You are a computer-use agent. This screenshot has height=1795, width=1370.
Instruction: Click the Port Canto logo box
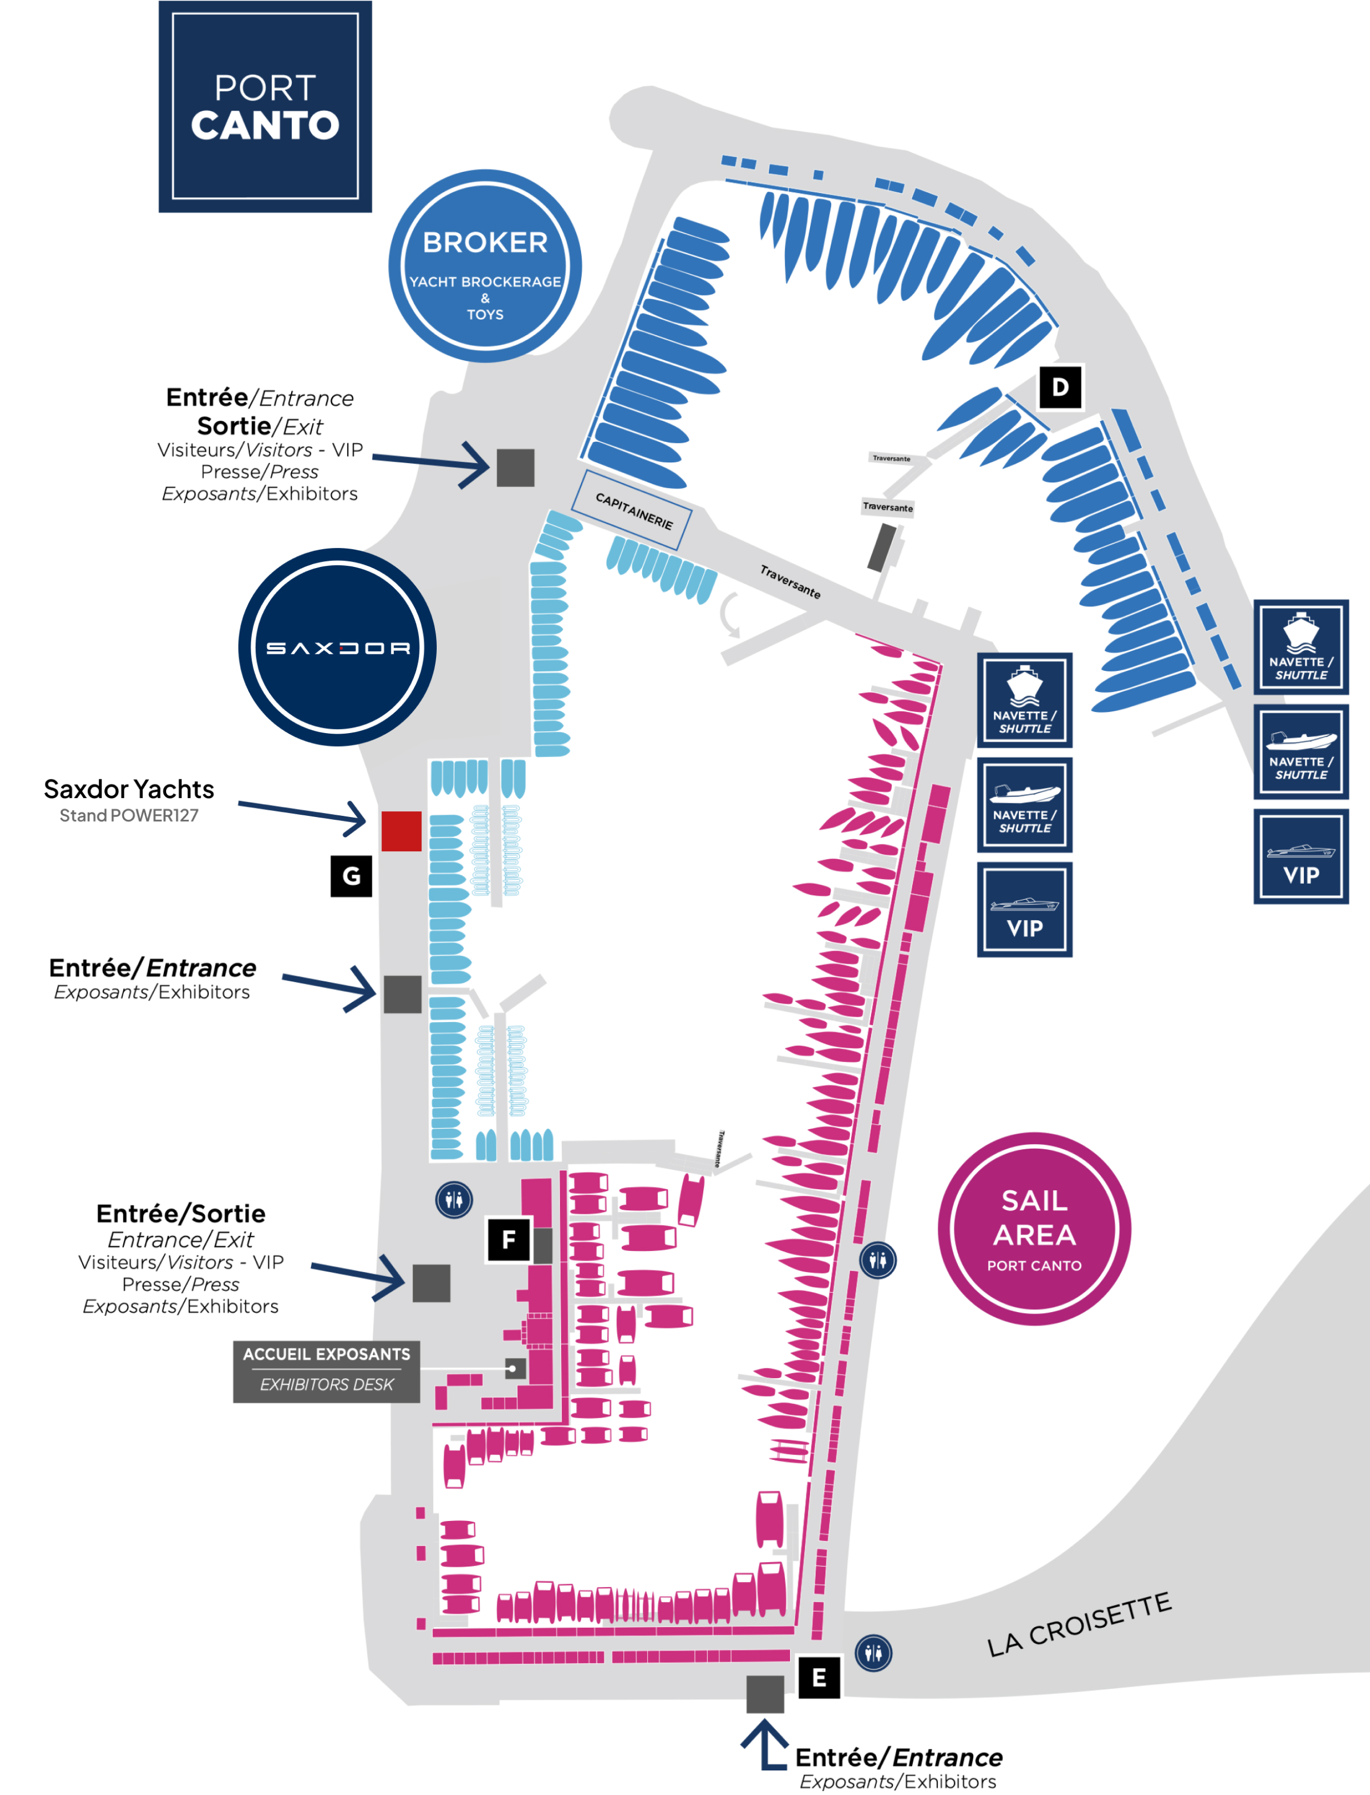(x=265, y=106)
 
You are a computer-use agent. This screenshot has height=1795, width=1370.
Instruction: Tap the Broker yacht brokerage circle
(x=485, y=266)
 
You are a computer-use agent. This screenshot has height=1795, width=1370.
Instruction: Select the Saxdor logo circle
(x=337, y=647)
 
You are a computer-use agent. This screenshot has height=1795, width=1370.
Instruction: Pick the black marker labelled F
(x=508, y=1239)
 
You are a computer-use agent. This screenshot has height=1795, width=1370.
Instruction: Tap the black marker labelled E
(x=818, y=1677)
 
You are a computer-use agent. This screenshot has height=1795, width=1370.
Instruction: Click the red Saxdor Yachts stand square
(x=401, y=831)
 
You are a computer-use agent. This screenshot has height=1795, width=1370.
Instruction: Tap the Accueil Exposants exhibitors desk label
(x=326, y=1371)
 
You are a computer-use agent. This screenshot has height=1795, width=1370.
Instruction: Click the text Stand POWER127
(x=129, y=815)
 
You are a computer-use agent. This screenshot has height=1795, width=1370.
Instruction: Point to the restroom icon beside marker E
(x=873, y=1653)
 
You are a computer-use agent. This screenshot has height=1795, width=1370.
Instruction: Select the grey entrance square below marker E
(x=765, y=1694)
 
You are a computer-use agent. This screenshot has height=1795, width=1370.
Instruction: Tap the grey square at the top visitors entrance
(x=515, y=467)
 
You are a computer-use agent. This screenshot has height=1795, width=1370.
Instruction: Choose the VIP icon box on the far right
(x=1301, y=856)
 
